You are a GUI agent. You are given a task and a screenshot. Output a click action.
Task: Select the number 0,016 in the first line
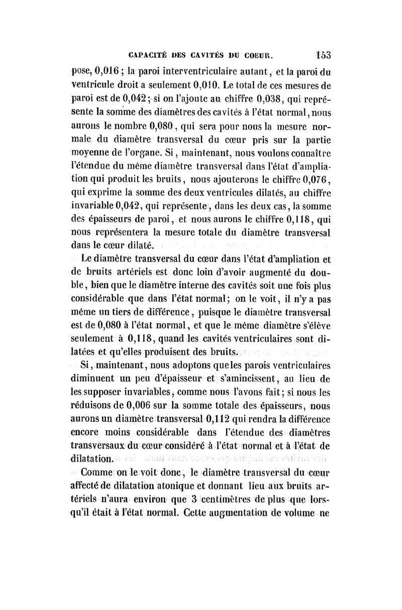[x=105, y=69]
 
